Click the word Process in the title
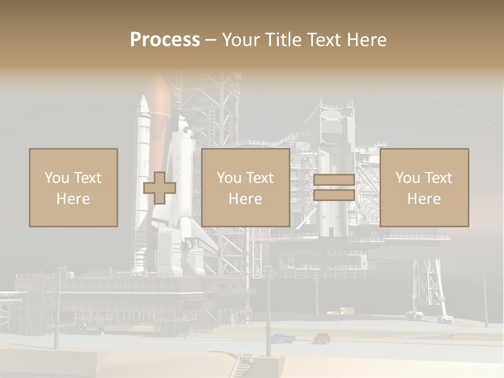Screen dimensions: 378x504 coord(165,40)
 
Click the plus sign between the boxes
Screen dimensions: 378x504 coord(160,188)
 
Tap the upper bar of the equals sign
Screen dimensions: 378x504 coord(334,180)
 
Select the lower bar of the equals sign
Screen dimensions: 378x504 coord(334,195)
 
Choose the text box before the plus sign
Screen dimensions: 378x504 coord(73,187)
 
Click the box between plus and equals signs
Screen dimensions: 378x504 coord(245,187)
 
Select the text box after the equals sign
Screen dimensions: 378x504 coord(424,187)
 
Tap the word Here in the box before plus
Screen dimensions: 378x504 coord(73,199)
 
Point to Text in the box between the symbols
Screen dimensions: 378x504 coord(260,178)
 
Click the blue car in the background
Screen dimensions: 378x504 coord(282,339)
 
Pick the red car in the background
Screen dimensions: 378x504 coord(322,338)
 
